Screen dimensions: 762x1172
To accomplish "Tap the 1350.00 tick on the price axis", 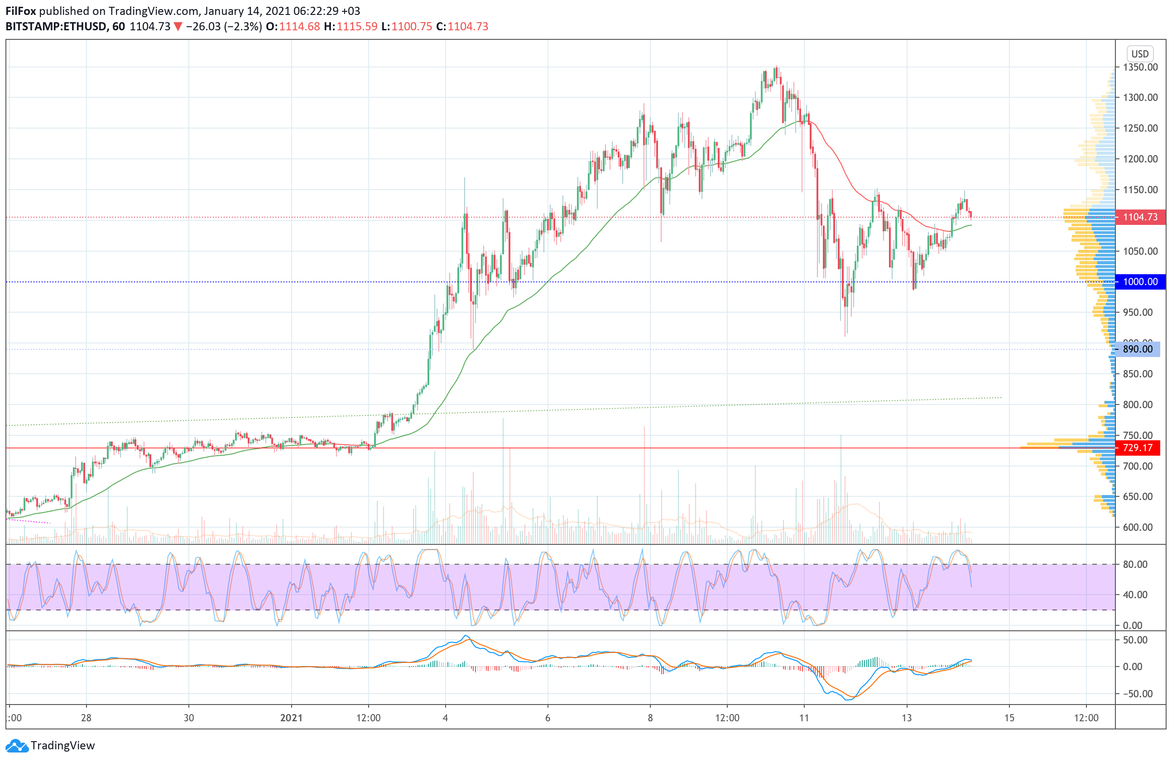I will [x=1140, y=67].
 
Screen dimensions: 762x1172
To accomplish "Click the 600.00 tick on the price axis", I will [x=1138, y=527].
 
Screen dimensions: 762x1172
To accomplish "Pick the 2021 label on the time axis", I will [x=291, y=718].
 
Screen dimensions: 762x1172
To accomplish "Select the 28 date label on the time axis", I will [x=86, y=718].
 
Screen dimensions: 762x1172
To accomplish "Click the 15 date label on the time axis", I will [x=1009, y=718].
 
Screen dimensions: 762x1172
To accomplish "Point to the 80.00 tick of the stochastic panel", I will [x=1135, y=564].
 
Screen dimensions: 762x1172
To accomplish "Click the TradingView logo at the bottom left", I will [x=51, y=745].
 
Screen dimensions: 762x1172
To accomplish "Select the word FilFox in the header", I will [x=21, y=11].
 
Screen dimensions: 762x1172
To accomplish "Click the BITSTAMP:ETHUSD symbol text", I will [x=56, y=27].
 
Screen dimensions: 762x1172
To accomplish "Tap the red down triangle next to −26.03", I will [x=178, y=27].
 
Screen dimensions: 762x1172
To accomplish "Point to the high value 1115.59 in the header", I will [x=356, y=27].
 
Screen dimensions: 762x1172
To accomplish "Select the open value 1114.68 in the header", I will [x=299, y=27].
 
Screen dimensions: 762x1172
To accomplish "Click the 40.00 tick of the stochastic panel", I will [x=1135, y=595].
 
